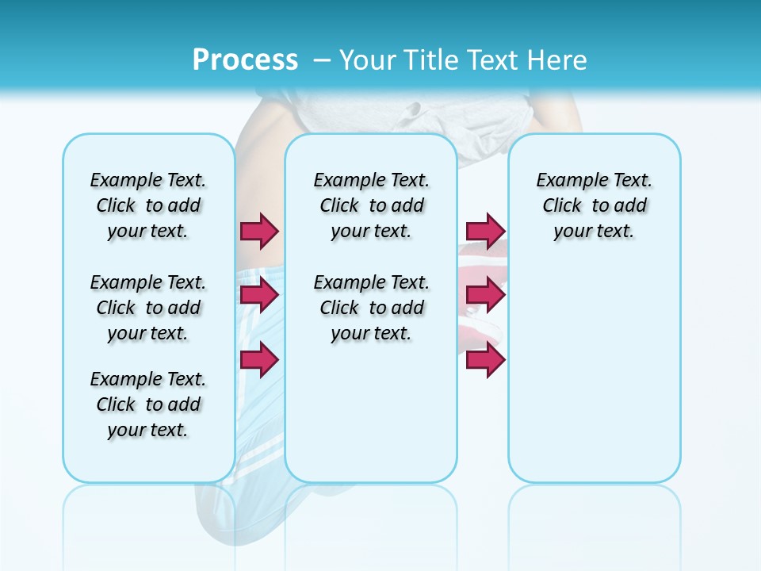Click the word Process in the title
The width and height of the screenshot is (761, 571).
coord(245,60)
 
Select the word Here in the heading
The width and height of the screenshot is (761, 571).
coord(558,60)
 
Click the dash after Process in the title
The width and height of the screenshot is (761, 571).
coord(322,61)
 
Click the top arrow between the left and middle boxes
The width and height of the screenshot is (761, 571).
coord(259,231)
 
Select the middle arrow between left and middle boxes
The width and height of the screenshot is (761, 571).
coord(259,295)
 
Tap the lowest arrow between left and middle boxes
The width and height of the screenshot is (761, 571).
coord(259,359)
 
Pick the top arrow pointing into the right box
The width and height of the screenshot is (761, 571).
coord(485,231)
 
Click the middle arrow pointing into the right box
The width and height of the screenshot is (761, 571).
coord(485,295)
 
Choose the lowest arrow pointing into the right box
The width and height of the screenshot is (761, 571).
coord(485,359)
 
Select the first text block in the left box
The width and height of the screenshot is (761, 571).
coord(148,205)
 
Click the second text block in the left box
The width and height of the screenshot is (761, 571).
coord(148,308)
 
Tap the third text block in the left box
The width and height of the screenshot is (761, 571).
coord(148,404)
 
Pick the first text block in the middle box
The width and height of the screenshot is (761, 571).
coord(372,205)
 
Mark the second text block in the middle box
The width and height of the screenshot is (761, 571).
coord(372,308)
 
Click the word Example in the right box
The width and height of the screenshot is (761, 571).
coord(571,181)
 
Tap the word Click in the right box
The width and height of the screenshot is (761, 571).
coord(562,206)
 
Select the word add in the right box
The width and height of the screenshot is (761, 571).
coord(631,206)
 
